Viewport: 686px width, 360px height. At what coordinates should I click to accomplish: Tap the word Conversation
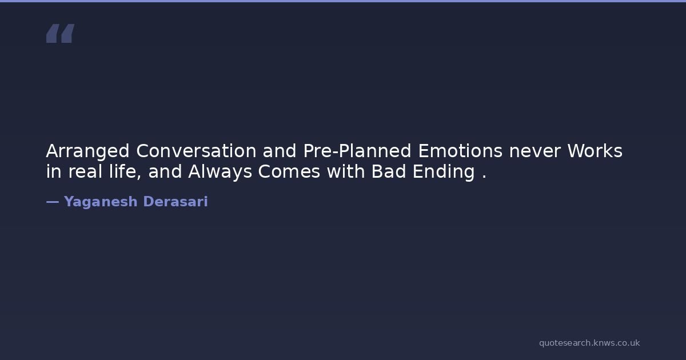pyautogui.click(x=196, y=151)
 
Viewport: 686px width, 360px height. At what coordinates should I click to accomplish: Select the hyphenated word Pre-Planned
pyautogui.click(x=357, y=151)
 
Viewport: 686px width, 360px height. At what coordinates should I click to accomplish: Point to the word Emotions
pyautogui.click(x=460, y=151)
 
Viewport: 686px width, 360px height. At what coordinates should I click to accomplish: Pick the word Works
pyautogui.click(x=595, y=151)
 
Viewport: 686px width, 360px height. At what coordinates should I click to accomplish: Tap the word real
pyautogui.click(x=85, y=171)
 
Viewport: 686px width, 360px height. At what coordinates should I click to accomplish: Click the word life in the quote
pyautogui.click(x=122, y=171)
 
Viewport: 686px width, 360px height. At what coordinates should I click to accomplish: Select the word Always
pyautogui.click(x=220, y=172)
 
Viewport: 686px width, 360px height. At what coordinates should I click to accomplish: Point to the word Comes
pyautogui.click(x=289, y=171)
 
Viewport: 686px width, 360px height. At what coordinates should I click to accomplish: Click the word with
pyautogui.click(x=346, y=171)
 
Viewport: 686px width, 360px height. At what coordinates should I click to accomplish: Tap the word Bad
pyautogui.click(x=388, y=171)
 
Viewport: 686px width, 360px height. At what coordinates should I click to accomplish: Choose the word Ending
pyautogui.click(x=444, y=172)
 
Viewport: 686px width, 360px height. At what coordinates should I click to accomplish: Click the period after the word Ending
pyautogui.click(x=484, y=177)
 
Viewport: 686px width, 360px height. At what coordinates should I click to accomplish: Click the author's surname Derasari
pyautogui.click(x=176, y=201)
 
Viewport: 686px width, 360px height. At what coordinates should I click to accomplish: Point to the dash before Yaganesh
pyautogui.click(x=53, y=202)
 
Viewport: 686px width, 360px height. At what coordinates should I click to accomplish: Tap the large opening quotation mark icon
pyautogui.click(x=61, y=33)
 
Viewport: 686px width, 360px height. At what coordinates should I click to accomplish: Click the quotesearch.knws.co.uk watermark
pyautogui.click(x=589, y=343)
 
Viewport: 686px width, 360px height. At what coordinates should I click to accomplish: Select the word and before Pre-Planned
pyautogui.click(x=280, y=151)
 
